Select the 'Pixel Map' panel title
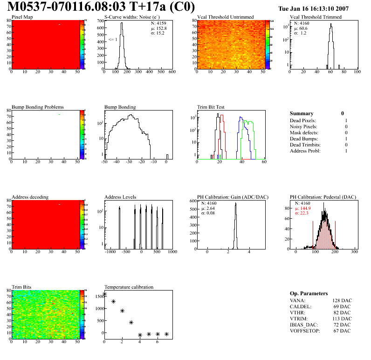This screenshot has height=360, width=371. pyautogui.click(x=22, y=17)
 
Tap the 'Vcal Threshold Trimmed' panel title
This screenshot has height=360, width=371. pyautogui.click(x=316, y=17)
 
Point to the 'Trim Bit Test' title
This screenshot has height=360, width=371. pyautogui.click(x=211, y=107)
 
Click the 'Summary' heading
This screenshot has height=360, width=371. pyautogui.click(x=302, y=113)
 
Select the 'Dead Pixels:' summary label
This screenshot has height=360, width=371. pyautogui.click(x=303, y=121)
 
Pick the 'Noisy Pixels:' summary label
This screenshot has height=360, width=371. pyautogui.click(x=303, y=127)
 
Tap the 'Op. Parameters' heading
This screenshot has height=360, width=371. pyautogui.click(x=309, y=294)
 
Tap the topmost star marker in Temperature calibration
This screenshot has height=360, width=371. pyautogui.click(x=104, y=294)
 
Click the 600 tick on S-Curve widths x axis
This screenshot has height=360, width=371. pyautogui.click(x=172, y=72)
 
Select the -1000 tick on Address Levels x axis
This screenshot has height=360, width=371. pyautogui.click(x=110, y=252)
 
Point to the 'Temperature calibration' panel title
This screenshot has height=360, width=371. pyautogui.click(x=129, y=287)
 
